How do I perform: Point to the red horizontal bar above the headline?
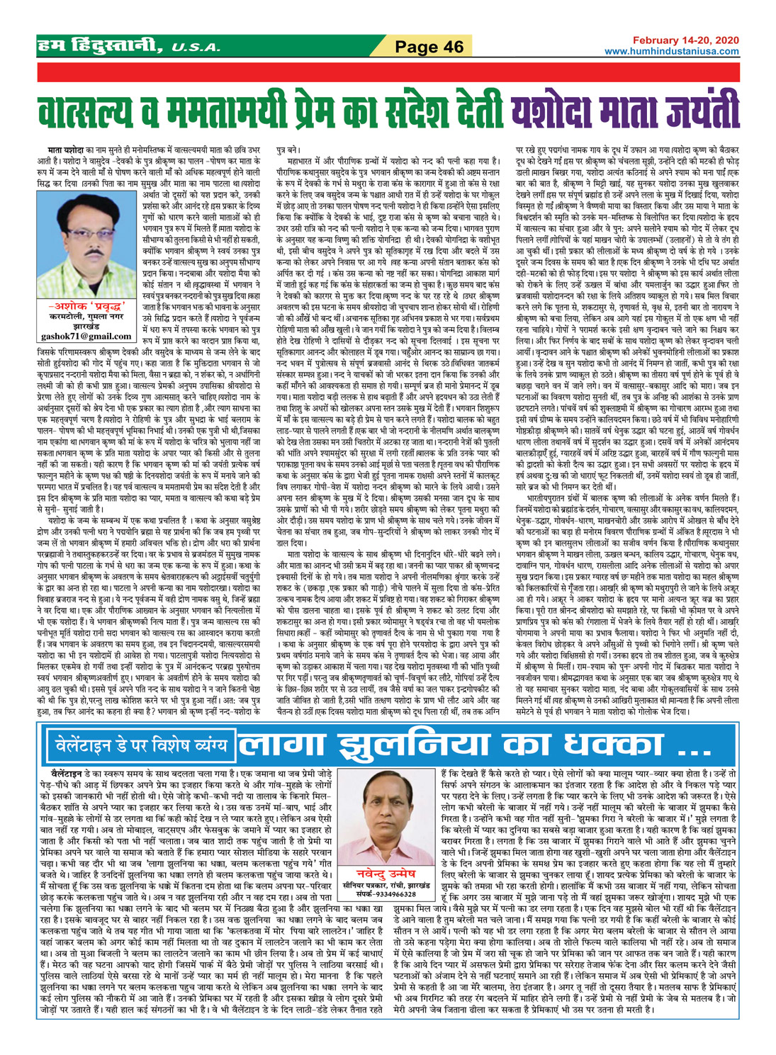(x=388, y=73)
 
